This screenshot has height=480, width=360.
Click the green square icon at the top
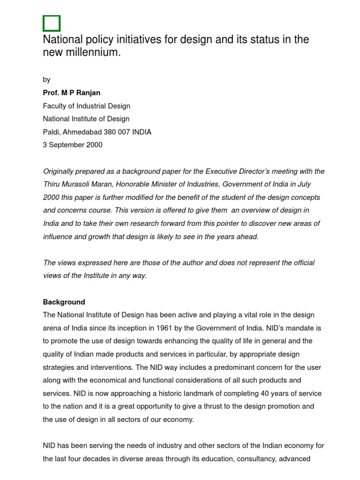[52, 23]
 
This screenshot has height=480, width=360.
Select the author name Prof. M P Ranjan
[71, 93]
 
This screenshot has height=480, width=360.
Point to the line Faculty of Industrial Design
[86, 106]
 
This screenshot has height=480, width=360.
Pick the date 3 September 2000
[72, 145]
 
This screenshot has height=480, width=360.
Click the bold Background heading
[64, 302]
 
